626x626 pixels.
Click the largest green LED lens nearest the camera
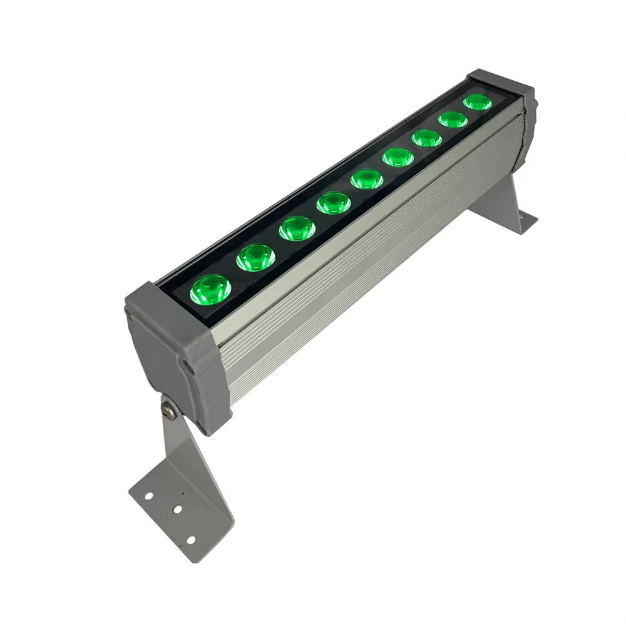click(x=210, y=289)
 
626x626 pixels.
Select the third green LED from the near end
click(x=296, y=228)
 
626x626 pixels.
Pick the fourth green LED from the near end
click(x=333, y=202)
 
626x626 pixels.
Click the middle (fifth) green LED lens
click(x=367, y=178)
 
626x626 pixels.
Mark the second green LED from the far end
click(x=453, y=119)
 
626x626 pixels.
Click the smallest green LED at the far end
click(x=478, y=102)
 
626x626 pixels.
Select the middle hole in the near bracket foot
click(x=177, y=510)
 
